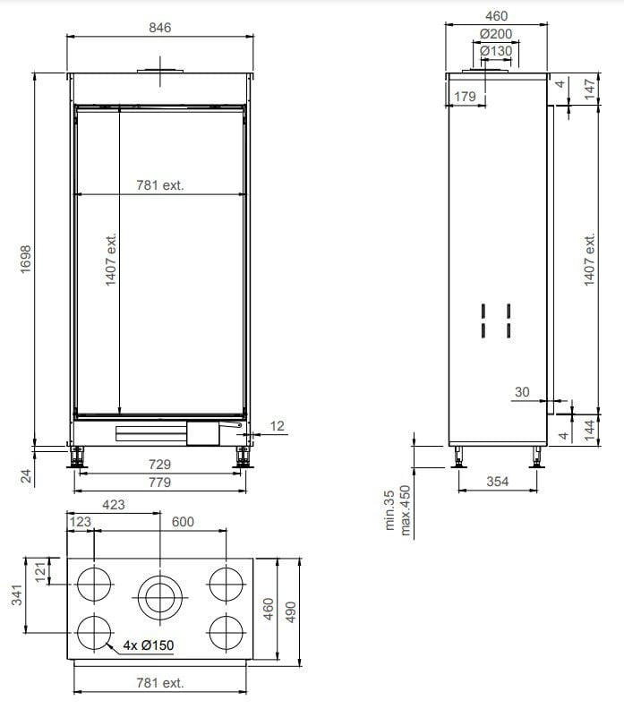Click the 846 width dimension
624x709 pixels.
(x=160, y=28)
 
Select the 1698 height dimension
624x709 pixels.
(x=26, y=259)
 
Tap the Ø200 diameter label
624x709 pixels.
(x=496, y=34)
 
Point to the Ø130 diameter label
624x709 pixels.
(x=496, y=51)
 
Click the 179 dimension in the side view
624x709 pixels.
(x=465, y=97)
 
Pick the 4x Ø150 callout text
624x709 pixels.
(x=149, y=645)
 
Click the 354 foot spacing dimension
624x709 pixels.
(x=498, y=482)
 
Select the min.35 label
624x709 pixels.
(x=389, y=510)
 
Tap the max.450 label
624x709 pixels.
(x=406, y=510)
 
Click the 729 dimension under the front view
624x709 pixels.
(x=160, y=465)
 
